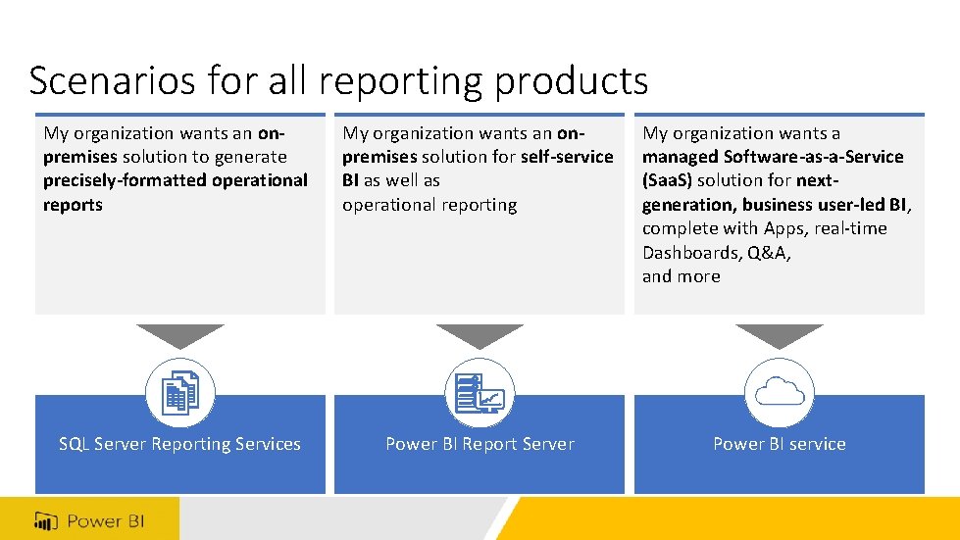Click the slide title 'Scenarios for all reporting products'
[338, 80]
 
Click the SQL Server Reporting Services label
[179, 444]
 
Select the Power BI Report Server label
[480, 444]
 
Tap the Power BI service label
[779, 444]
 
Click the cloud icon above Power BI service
[780, 393]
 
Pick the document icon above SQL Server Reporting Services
[180, 394]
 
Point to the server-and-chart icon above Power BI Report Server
[480, 394]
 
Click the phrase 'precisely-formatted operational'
[176, 180]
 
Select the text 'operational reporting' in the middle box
[429, 205]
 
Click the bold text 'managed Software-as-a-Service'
[773, 157]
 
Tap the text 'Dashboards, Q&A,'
[717, 253]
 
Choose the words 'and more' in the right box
[682, 276]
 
